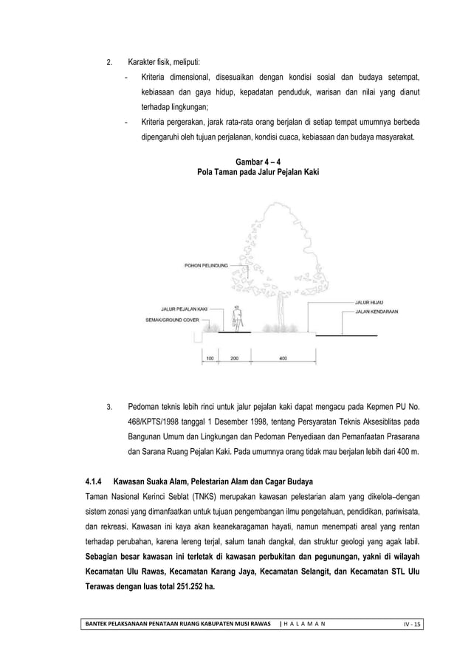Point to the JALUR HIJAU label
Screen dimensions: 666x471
tap(369, 302)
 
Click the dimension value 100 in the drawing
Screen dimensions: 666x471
tap(210, 358)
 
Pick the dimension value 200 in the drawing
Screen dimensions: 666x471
tap(234, 358)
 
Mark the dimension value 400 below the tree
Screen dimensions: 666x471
tap(283, 358)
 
